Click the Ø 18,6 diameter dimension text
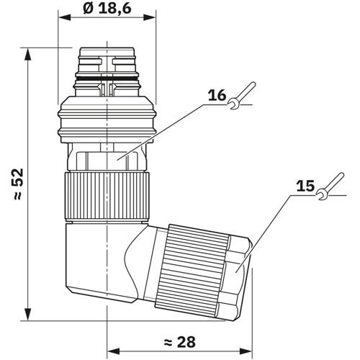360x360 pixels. pos(107,9)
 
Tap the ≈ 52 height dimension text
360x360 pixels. pos(18,184)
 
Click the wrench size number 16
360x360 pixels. pos(217,95)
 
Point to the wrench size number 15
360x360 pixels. pos(305,186)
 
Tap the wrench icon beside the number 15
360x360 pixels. pos(330,186)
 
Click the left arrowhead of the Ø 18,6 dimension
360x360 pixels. pos(65,17)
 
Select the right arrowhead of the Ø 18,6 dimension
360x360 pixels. pos(150,17)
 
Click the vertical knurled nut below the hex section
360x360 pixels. pos(107,196)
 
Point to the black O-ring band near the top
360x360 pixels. pos(107,78)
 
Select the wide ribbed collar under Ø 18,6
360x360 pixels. pos(107,120)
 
